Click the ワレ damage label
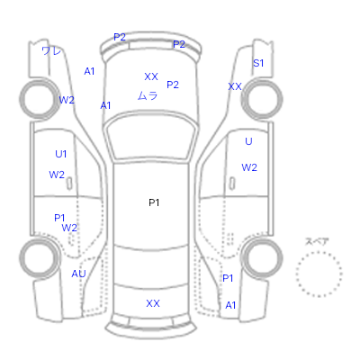(51, 50)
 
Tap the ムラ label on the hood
(148, 95)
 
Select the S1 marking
(258, 63)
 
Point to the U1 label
(61, 154)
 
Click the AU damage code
(78, 274)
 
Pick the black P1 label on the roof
(154, 202)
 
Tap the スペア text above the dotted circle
(317, 241)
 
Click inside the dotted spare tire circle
(319, 274)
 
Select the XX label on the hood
(151, 76)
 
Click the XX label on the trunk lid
(153, 303)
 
